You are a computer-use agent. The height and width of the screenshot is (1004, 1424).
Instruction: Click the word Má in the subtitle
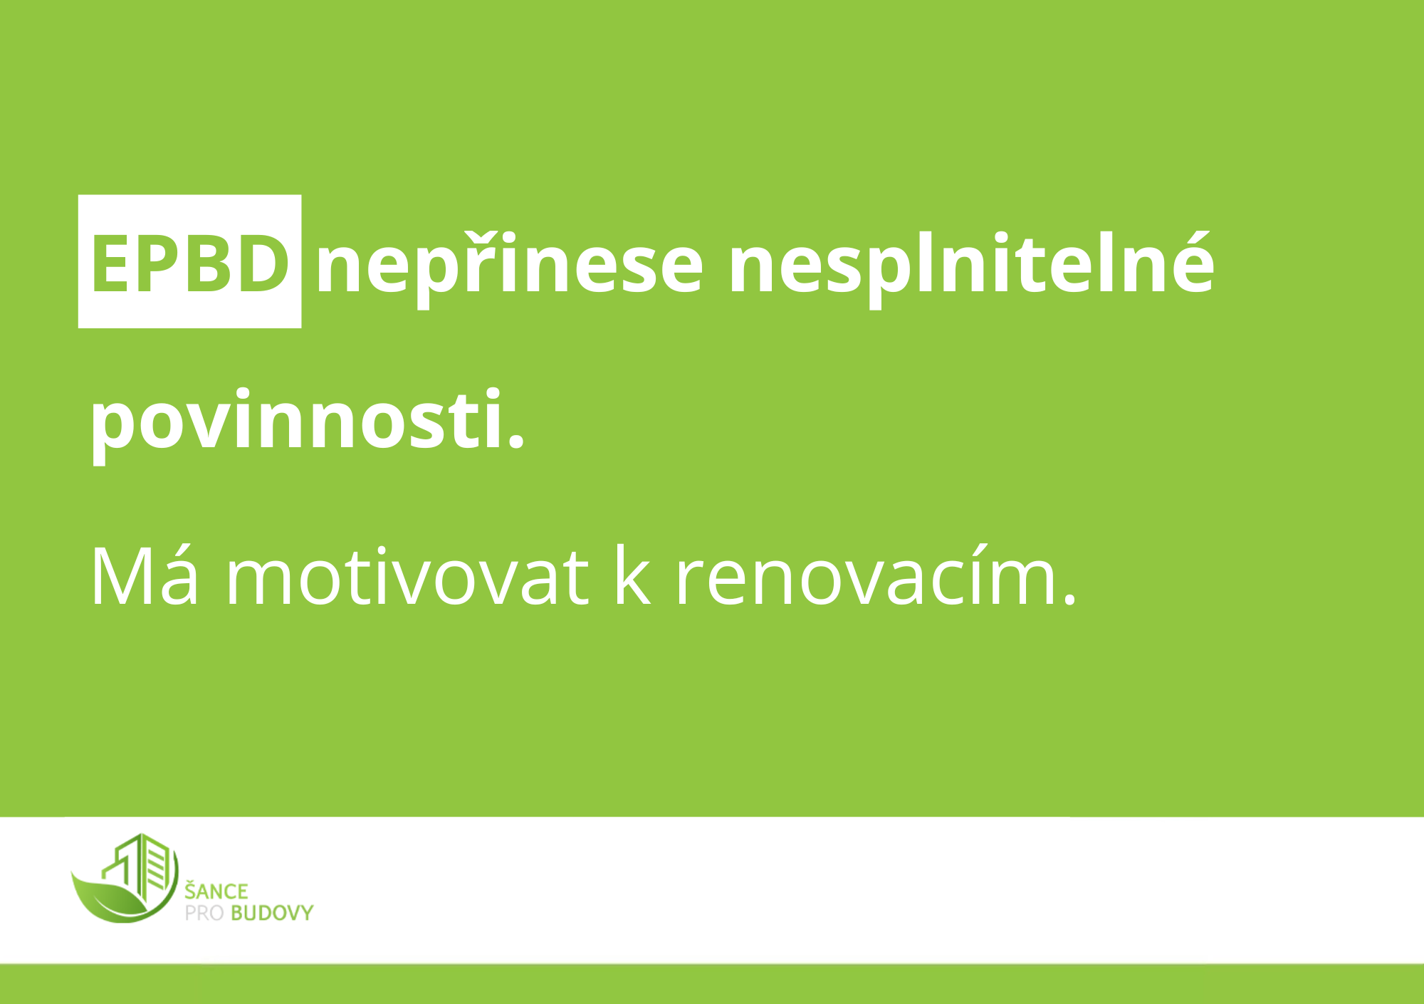145,577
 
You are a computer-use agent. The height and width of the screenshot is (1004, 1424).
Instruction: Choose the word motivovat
407,577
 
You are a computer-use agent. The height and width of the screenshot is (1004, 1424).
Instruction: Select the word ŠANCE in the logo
216,890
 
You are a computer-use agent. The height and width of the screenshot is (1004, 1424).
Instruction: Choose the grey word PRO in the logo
204,914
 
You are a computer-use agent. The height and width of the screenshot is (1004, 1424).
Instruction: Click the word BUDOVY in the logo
272,914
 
